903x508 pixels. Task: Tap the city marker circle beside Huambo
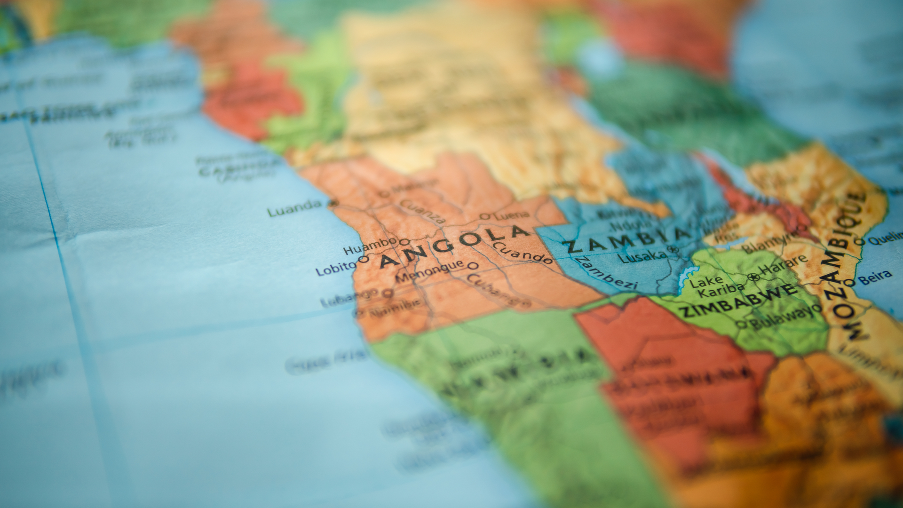[404, 242]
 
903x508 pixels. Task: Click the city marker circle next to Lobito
[363, 259]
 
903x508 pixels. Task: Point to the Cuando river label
[522, 253]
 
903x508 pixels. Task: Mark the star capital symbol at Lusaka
[674, 249]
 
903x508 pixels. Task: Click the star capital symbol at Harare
[756, 277]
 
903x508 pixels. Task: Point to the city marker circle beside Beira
[849, 283]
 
